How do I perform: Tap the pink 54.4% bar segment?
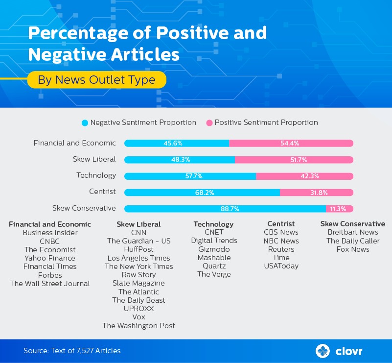pyautogui.click(x=291, y=144)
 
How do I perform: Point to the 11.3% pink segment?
pyautogui.click(x=338, y=209)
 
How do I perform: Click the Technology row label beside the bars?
pyautogui.click(x=96, y=175)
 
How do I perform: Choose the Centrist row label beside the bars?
pyautogui.click(x=102, y=192)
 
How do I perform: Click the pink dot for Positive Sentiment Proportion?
pyautogui.click(x=210, y=123)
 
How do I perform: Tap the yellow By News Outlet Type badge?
pyautogui.click(x=96, y=80)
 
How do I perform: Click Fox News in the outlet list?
pyautogui.click(x=353, y=249)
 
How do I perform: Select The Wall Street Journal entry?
pyautogui.click(x=50, y=284)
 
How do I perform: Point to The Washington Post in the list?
pyautogui.click(x=138, y=326)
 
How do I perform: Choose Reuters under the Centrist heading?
pyautogui.click(x=281, y=249)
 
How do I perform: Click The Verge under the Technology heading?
pyautogui.click(x=214, y=274)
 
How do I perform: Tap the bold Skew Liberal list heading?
pyautogui.click(x=138, y=224)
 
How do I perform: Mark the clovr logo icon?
pyautogui.click(x=323, y=351)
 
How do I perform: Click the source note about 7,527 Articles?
pyautogui.click(x=72, y=351)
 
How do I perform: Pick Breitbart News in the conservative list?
pyautogui.click(x=353, y=232)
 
